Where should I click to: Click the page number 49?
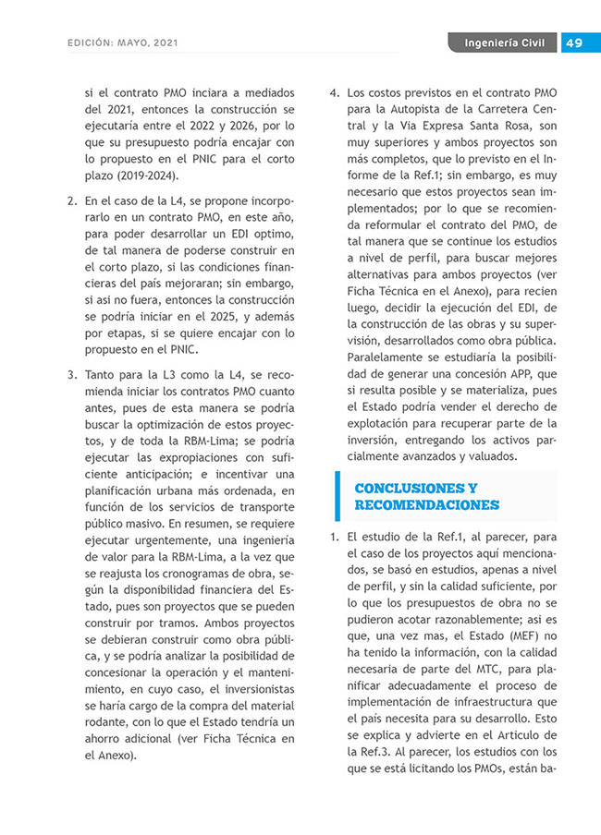point(573,43)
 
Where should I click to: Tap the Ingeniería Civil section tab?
point(504,43)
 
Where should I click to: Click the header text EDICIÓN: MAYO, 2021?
point(123,43)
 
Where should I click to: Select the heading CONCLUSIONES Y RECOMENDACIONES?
point(426,496)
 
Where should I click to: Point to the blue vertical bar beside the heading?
point(338,496)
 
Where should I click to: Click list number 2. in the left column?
point(71,200)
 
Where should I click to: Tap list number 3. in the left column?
point(71,376)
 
